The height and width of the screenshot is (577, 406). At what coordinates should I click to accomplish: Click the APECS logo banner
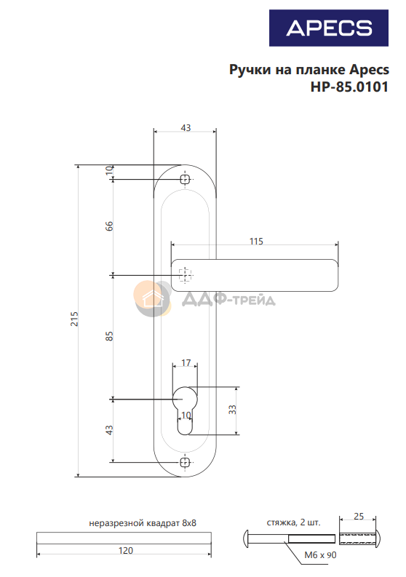pos(328,28)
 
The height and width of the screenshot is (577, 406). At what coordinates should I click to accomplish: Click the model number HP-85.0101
pos(349,87)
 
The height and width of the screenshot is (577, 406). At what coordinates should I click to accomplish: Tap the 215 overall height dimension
pos(74,319)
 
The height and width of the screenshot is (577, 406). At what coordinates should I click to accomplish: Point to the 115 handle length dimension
pos(256,242)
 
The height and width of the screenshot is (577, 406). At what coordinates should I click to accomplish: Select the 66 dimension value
pos(109,226)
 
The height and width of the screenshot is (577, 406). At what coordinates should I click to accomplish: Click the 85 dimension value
pos(109,336)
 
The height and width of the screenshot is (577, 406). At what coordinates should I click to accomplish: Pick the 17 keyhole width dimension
pos(186,363)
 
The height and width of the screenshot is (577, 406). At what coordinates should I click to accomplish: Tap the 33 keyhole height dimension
pos(232,410)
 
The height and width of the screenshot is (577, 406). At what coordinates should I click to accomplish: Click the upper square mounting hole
pos(185,179)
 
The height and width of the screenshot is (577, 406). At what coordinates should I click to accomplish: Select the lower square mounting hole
pos(185,462)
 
